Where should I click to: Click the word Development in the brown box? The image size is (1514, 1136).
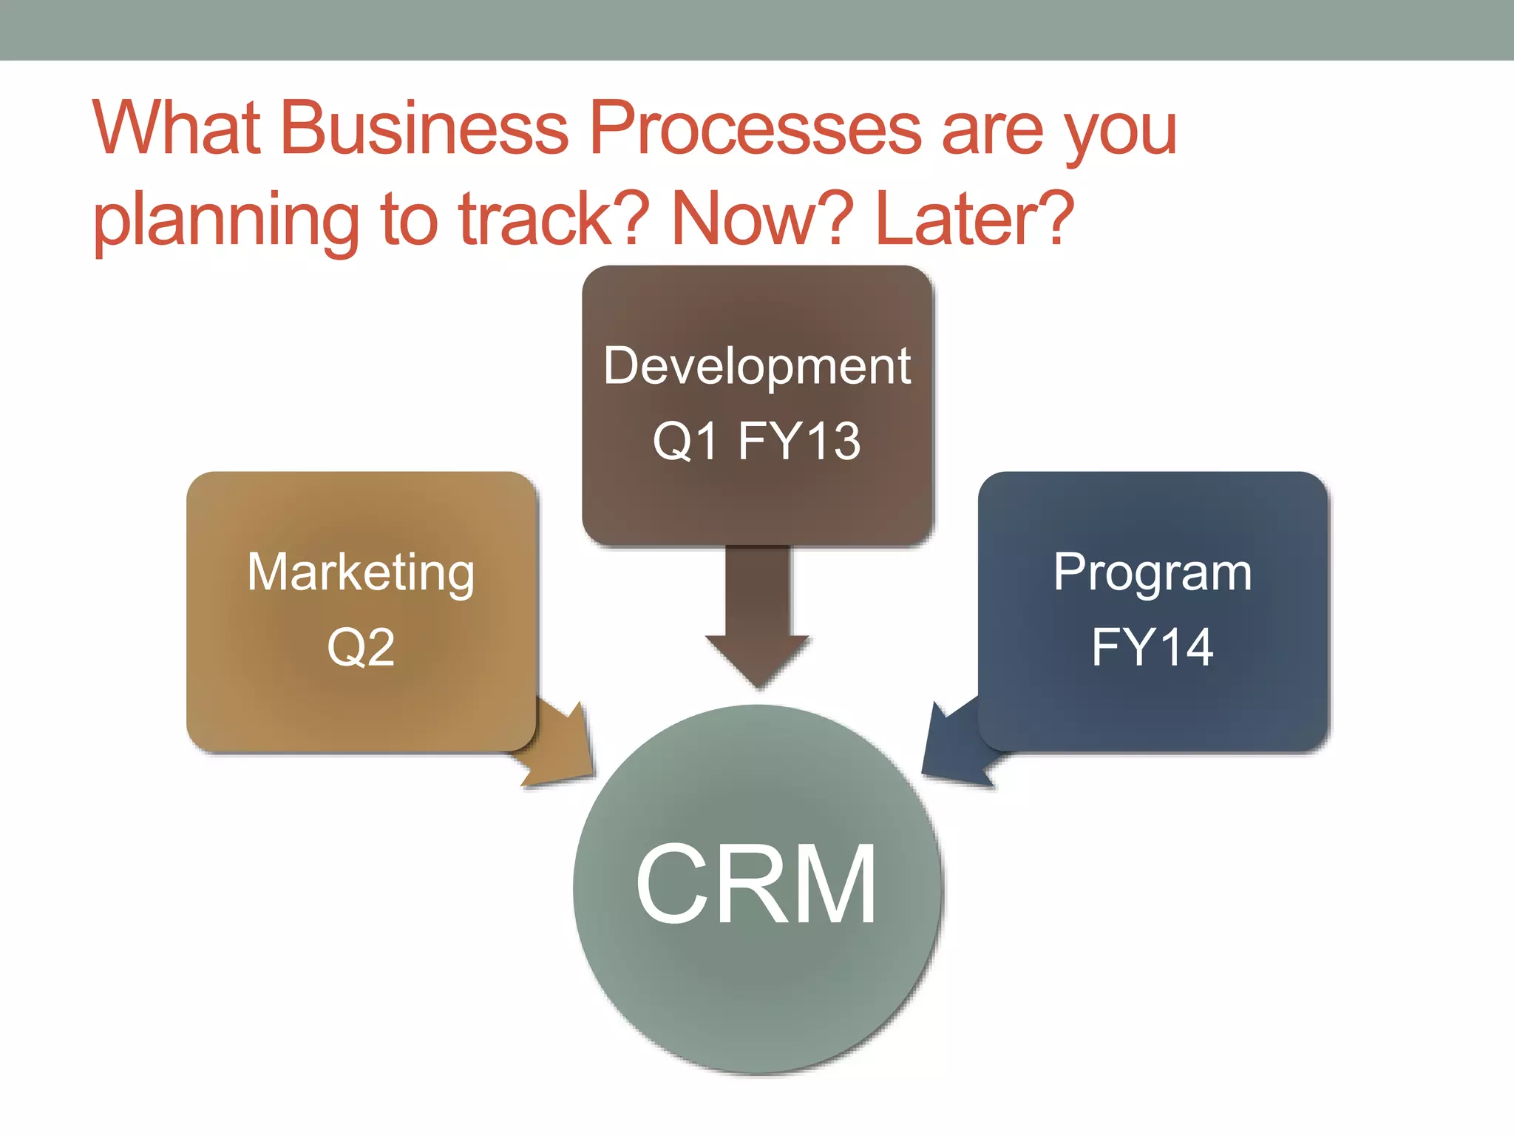pos(757,365)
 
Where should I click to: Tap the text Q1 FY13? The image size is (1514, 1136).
pos(757,441)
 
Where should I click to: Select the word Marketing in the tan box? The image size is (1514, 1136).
pos(361,573)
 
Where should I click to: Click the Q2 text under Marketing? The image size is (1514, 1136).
pos(361,647)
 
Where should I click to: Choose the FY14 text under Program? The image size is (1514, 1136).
pos(1153,647)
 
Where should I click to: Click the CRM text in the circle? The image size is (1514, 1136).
pos(756,885)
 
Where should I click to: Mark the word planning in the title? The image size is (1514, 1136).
pos(226,220)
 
